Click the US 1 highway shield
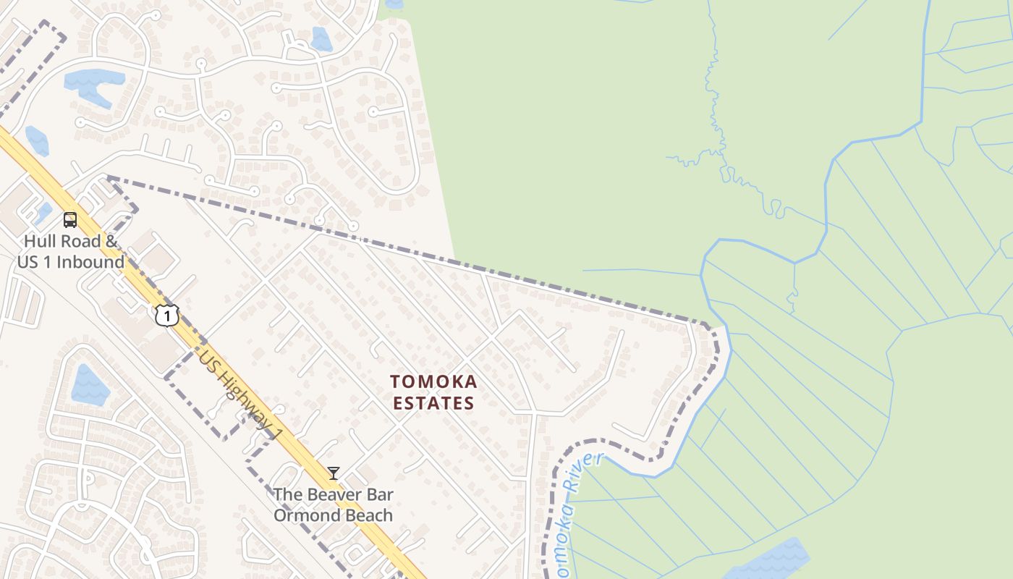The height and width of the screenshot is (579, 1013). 166,315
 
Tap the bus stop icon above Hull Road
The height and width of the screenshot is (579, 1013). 70,220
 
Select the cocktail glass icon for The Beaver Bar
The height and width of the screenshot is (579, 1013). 333,473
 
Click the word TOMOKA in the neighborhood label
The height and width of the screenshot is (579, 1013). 433,381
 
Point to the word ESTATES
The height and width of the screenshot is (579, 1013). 433,403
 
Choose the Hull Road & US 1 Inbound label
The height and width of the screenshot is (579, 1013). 71,251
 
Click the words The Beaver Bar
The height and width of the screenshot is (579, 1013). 334,495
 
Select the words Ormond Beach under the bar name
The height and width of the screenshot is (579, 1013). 334,515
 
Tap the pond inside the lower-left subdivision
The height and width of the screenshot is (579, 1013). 90,385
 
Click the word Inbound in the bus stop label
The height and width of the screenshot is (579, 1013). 90,261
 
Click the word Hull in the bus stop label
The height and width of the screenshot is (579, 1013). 38,241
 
